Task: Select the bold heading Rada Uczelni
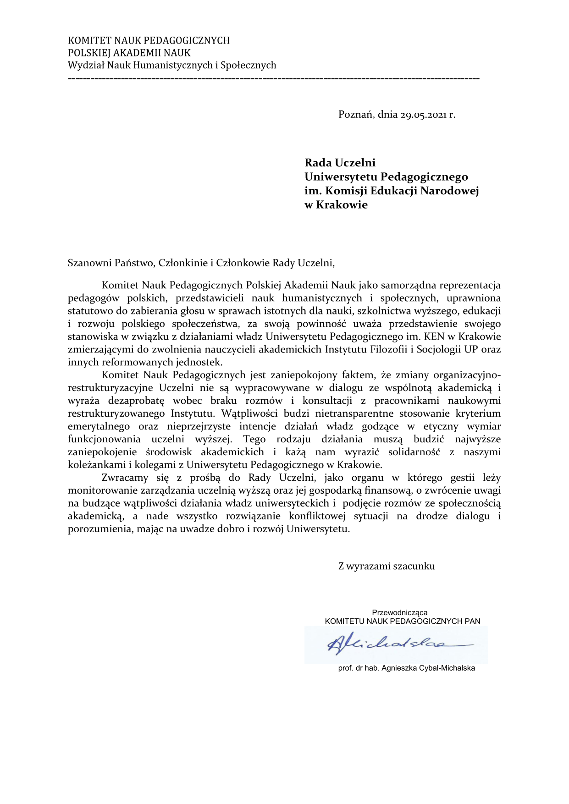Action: coord(340,163)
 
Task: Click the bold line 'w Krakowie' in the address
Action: coord(336,205)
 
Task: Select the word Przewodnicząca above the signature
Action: coord(399,612)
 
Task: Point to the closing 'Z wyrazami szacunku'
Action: coord(386,566)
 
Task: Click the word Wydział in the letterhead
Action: coord(86,66)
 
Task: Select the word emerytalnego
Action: coord(99,427)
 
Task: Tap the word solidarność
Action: coord(414,452)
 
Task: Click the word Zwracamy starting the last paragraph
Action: coord(125,478)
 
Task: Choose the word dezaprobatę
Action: coord(136,401)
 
